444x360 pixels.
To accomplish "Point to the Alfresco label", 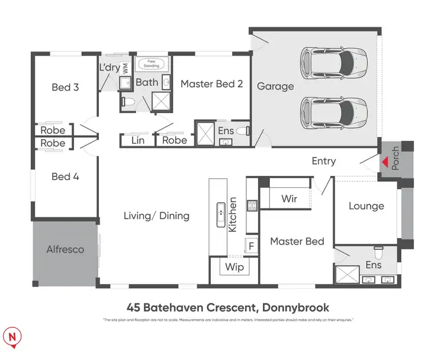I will click(65, 250).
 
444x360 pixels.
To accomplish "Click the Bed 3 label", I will click(65, 88).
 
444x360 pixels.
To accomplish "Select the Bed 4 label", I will click(65, 176).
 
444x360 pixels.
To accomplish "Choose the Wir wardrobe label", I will click(289, 199).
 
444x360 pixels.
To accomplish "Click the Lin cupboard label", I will click(137, 140).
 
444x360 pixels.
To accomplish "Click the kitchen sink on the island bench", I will click(220, 211).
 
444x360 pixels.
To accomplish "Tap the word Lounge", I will click(366, 206).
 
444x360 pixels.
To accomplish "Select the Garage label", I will click(275, 86).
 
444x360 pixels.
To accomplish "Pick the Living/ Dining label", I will click(156, 216).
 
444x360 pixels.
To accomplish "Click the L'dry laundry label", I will click(110, 67).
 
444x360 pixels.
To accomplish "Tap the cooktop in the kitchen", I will click(251, 207).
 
